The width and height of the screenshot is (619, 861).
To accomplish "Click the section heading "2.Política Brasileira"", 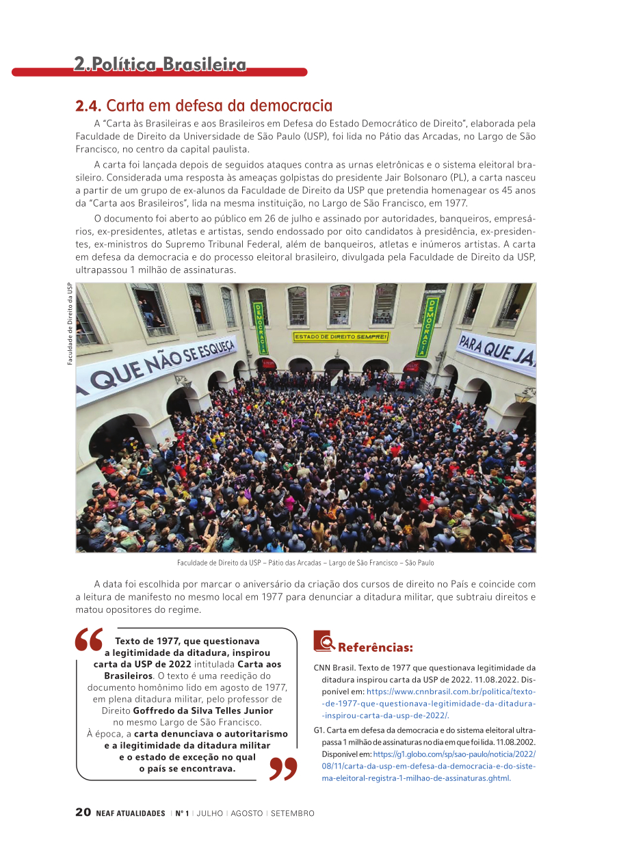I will pos(160,64).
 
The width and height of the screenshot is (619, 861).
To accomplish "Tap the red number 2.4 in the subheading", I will pos(88,106).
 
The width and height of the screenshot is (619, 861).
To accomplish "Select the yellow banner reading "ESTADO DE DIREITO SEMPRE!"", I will pos(341,337).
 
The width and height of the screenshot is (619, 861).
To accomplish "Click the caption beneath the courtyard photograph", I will pos(305,563).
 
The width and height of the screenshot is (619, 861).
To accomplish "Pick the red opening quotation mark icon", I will pos(89,640).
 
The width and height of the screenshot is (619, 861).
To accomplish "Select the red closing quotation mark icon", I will pos(284,768).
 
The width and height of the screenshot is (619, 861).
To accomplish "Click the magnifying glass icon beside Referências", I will pos(324,641).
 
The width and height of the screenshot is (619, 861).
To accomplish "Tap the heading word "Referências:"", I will pos(376,647).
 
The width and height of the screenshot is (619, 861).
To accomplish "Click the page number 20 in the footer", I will pos(83,812).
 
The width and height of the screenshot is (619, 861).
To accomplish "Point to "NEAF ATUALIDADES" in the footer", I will pos(131,814).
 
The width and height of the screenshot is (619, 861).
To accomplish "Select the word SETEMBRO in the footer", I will pos(292,814).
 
